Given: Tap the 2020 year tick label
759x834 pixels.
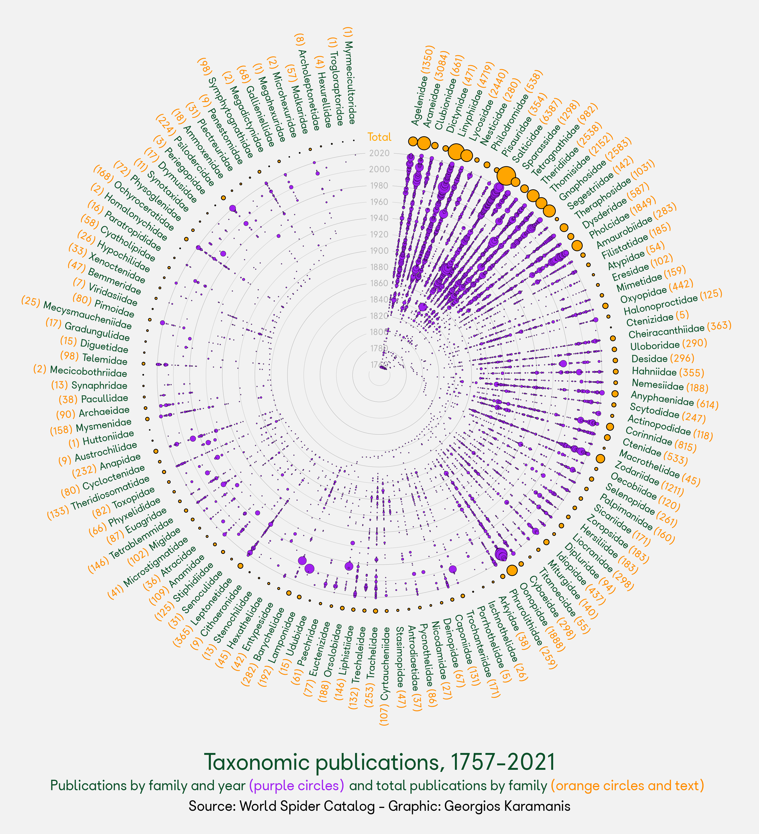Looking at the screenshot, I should [x=379, y=153].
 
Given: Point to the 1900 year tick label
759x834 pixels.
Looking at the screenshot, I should [x=379, y=251].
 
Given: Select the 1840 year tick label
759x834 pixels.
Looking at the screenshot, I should [x=379, y=299].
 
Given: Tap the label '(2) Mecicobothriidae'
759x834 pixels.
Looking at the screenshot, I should [x=80, y=371].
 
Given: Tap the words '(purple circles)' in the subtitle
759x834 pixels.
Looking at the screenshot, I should [x=296, y=786].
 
